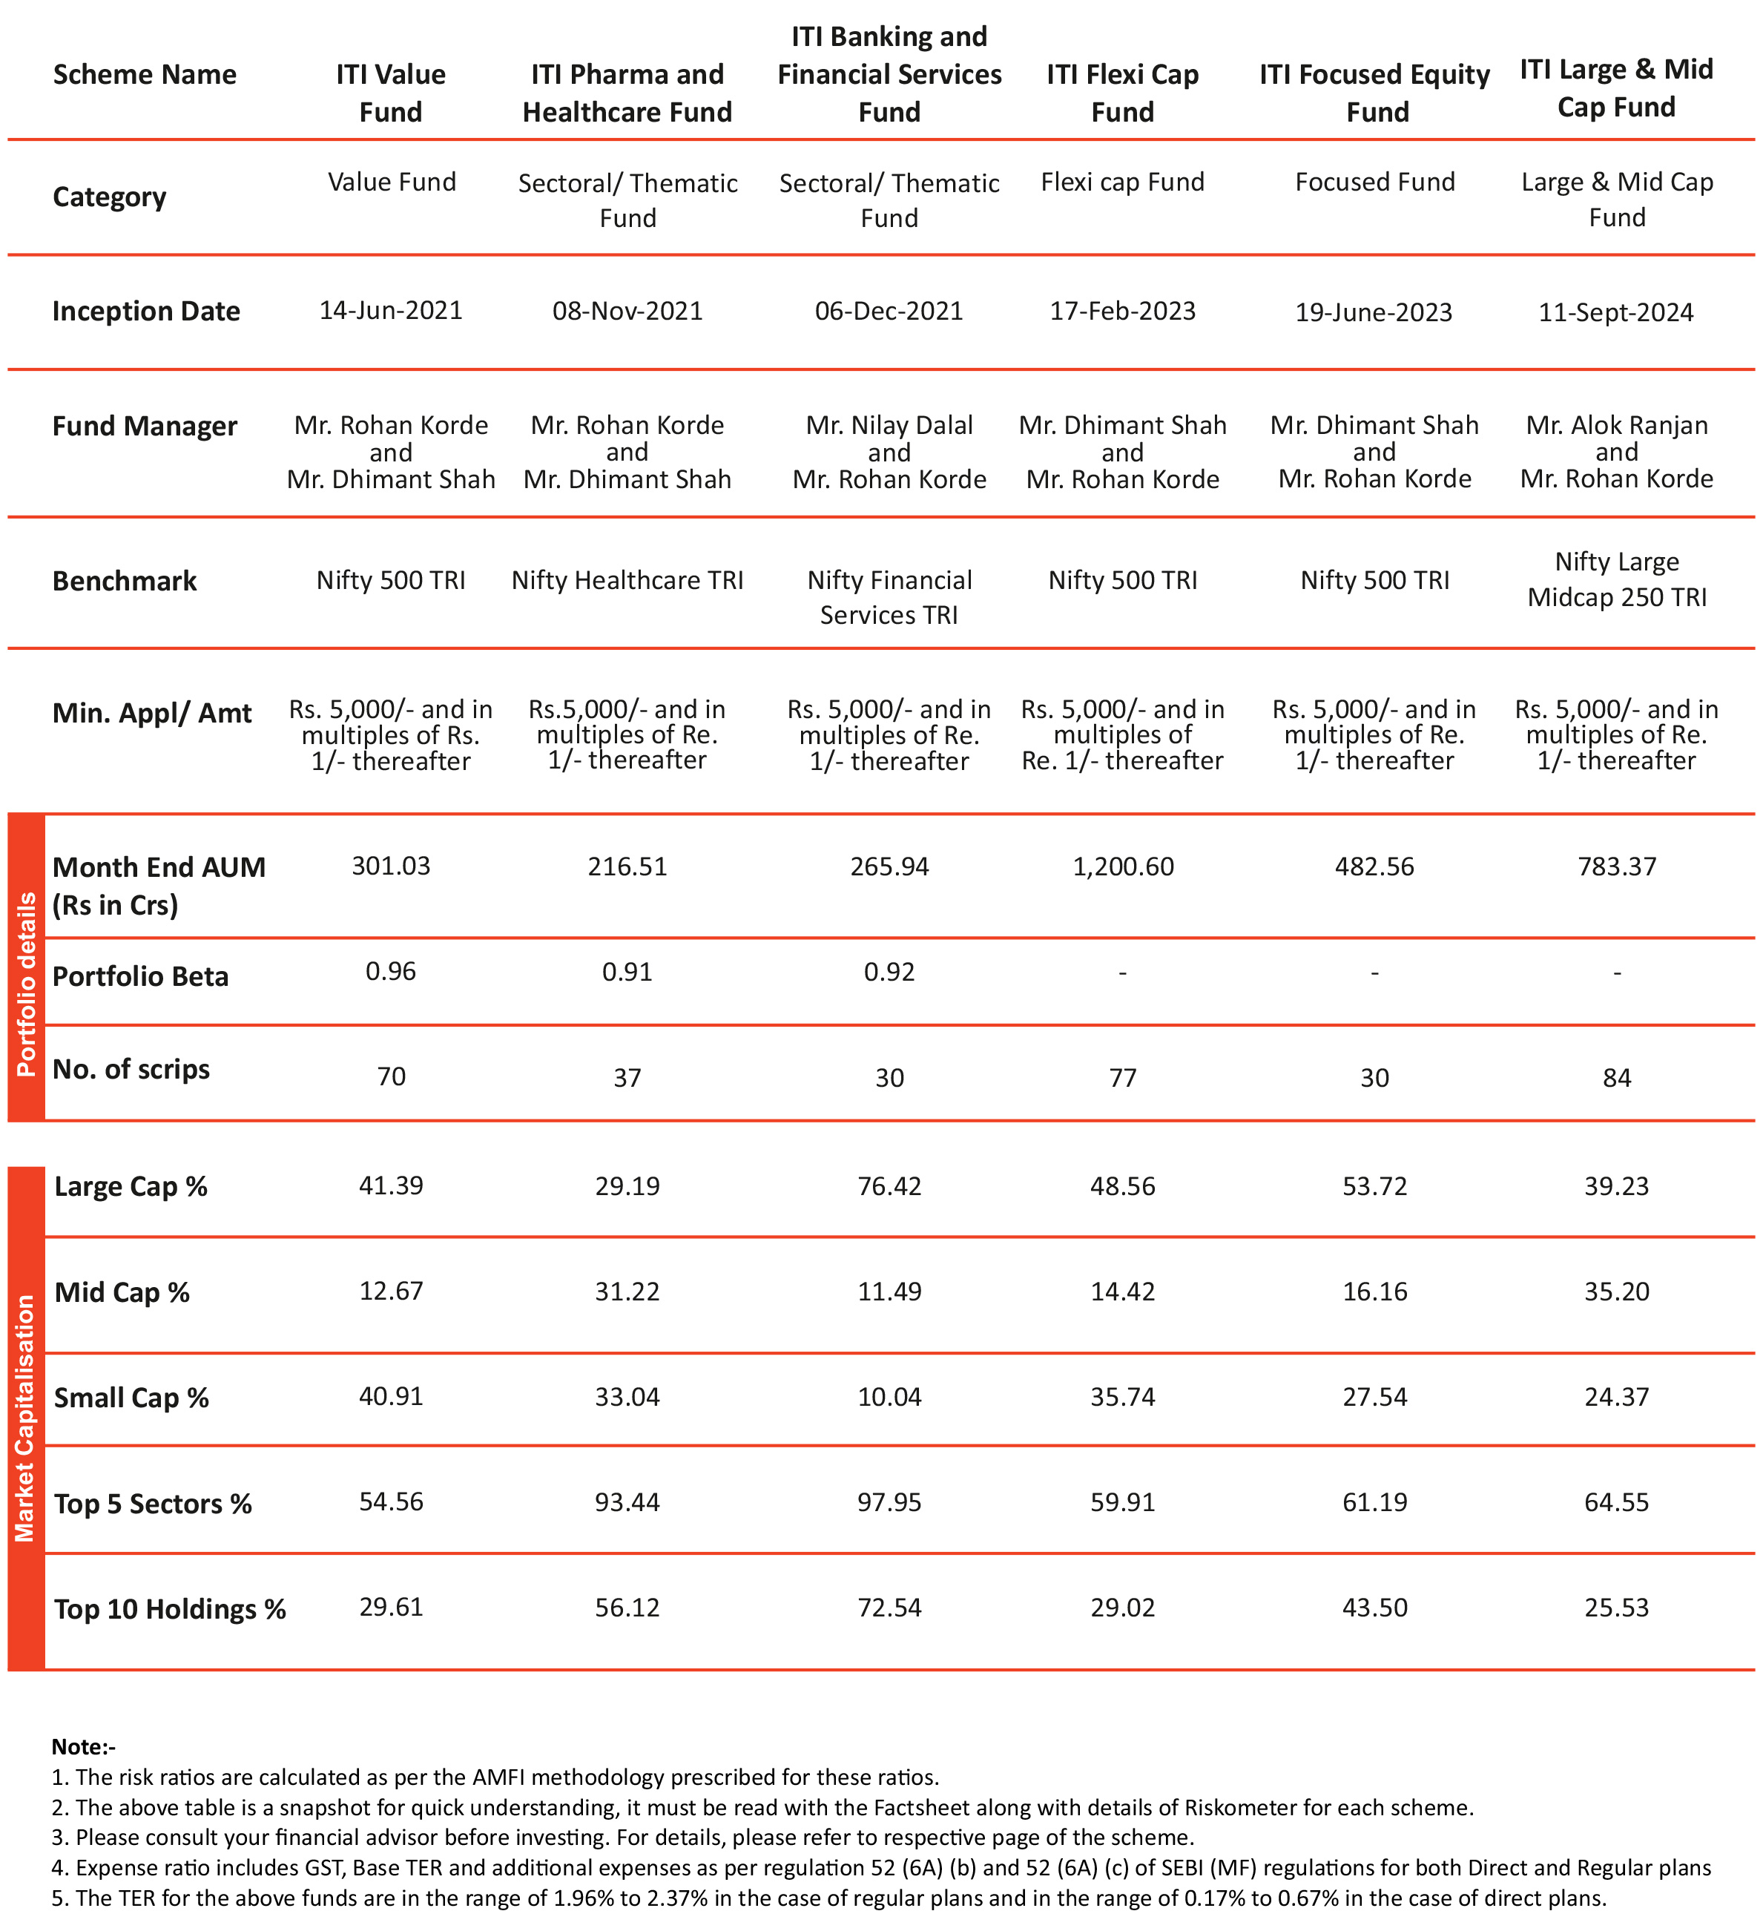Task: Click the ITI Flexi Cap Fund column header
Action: (1122, 93)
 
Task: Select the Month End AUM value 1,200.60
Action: (1122, 867)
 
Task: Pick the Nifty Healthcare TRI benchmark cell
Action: (627, 580)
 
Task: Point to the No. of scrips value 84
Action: (1616, 1078)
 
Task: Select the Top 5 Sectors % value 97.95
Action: (889, 1502)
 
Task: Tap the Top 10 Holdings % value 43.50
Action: (1374, 1608)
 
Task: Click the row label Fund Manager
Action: (145, 427)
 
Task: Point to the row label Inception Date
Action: (145, 312)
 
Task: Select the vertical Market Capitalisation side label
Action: (26, 1418)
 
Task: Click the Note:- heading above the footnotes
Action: (83, 1747)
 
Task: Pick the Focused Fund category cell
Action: (1374, 182)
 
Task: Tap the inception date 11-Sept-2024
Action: (1615, 312)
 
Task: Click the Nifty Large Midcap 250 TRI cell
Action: (1616, 579)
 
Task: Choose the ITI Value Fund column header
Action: (391, 93)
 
